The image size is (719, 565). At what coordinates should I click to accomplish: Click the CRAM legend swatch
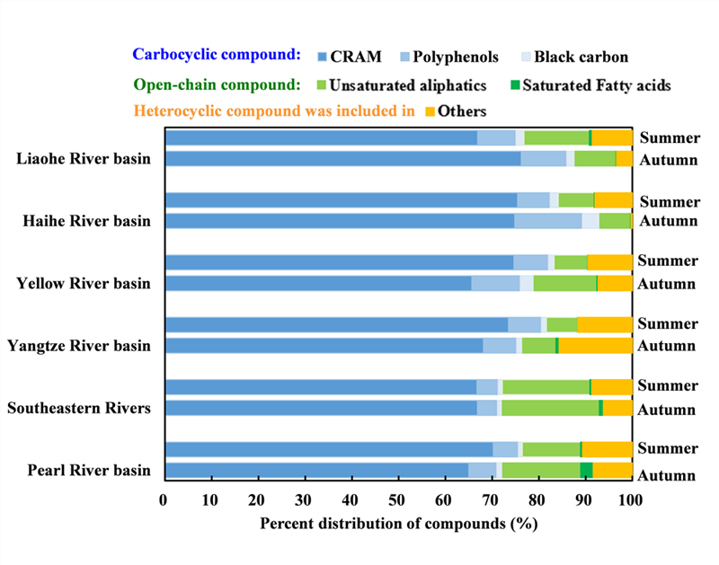[x=324, y=57]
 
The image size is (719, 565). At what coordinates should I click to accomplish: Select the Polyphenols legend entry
[x=454, y=57]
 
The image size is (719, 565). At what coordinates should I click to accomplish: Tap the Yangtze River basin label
[x=79, y=345]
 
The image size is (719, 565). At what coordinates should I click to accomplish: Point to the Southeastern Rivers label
[x=78, y=408]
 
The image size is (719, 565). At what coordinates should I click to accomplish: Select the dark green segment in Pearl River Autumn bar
[x=586, y=470]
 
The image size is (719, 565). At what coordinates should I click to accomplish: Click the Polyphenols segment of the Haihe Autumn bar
[x=547, y=221]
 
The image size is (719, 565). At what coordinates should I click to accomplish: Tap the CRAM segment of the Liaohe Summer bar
[x=321, y=137]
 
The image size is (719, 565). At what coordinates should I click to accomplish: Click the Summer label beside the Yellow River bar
[x=667, y=261]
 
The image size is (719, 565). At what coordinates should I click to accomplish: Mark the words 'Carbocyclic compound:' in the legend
[x=216, y=55]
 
